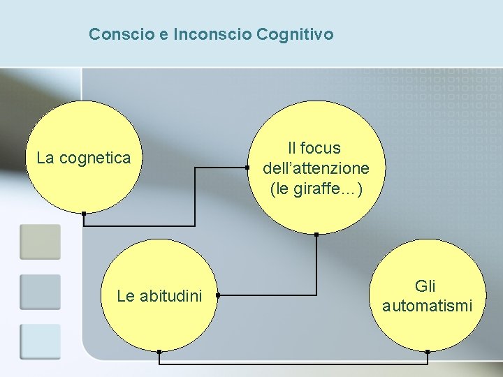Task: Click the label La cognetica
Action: tap(83, 158)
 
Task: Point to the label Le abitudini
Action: tap(159, 296)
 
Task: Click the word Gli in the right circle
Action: tap(425, 286)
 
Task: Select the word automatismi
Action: tap(427, 306)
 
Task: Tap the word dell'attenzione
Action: tap(316, 168)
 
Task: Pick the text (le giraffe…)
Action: tap(316, 188)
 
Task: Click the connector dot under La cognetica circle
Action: tap(83, 213)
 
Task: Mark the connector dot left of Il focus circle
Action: tap(247, 168)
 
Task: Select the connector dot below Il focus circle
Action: tap(316, 234)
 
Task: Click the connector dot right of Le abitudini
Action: tap(217, 296)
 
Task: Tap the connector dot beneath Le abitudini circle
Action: tap(159, 352)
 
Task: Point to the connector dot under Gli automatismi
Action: tap(428, 352)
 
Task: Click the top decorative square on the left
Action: tap(40, 242)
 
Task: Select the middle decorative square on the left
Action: tap(40, 292)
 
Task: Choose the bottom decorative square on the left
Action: tap(40, 341)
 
